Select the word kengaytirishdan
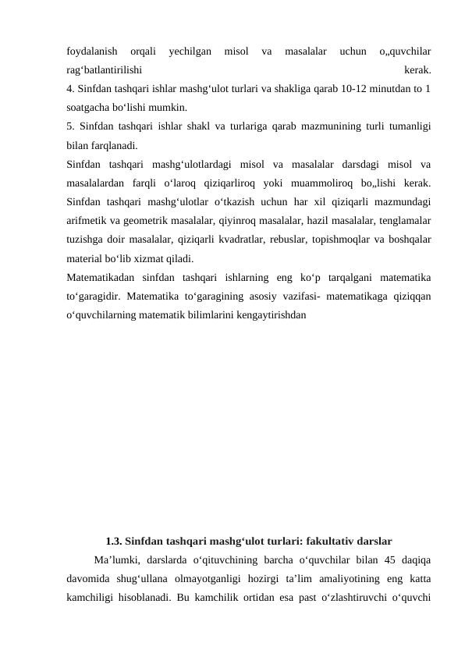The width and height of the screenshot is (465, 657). (264, 315)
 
